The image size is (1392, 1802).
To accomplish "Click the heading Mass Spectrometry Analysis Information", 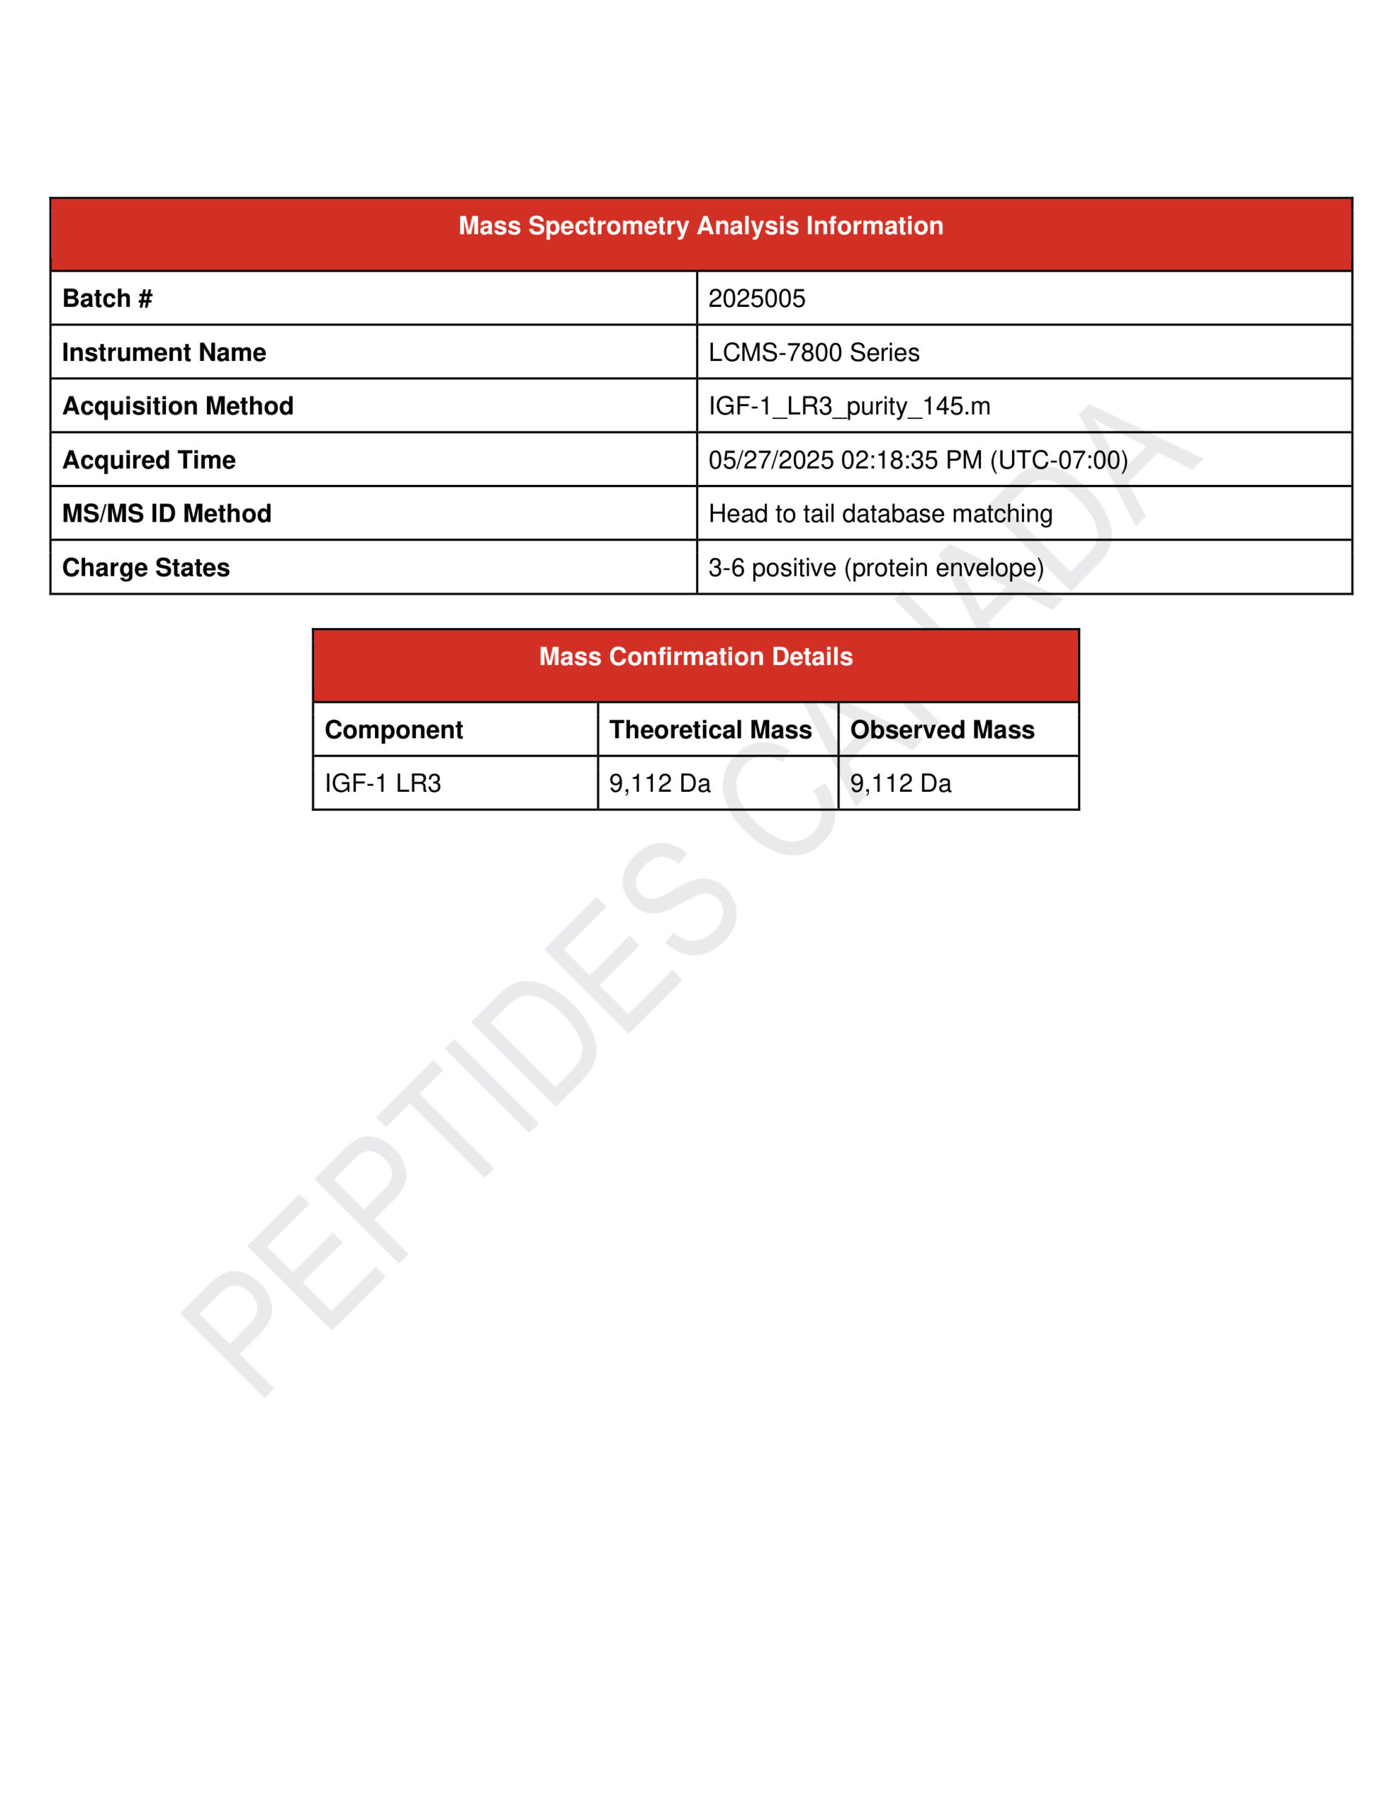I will coord(700,226).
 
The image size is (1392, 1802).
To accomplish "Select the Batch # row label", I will coord(107,298).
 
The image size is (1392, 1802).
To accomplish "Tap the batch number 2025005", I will coord(757,298).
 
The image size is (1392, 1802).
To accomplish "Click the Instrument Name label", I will coord(164,353).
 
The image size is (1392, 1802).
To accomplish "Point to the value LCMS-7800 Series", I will coord(814,353).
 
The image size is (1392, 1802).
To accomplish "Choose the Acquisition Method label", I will coord(178,406).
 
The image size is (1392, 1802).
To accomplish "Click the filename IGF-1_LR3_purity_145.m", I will coord(849,406).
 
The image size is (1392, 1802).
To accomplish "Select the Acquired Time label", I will coord(149,460).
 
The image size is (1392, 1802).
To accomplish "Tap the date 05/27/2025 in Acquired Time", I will coord(771,460).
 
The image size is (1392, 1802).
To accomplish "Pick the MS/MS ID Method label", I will coord(167,513).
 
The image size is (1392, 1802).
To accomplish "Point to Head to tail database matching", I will coord(880,513).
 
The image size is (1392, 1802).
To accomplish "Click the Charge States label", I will coord(146,567).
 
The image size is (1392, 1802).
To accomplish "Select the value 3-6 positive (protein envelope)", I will coord(876,567).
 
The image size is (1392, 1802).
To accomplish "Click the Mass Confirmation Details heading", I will coord(695,657).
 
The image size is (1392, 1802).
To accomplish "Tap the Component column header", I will coord(393,729).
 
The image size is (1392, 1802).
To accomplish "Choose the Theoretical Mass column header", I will coord(711,729).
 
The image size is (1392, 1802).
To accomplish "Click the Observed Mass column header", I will coord(942,729).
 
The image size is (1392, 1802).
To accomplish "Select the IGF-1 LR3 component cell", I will coord(383,783).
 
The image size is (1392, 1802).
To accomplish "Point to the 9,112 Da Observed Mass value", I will coord(900,783).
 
